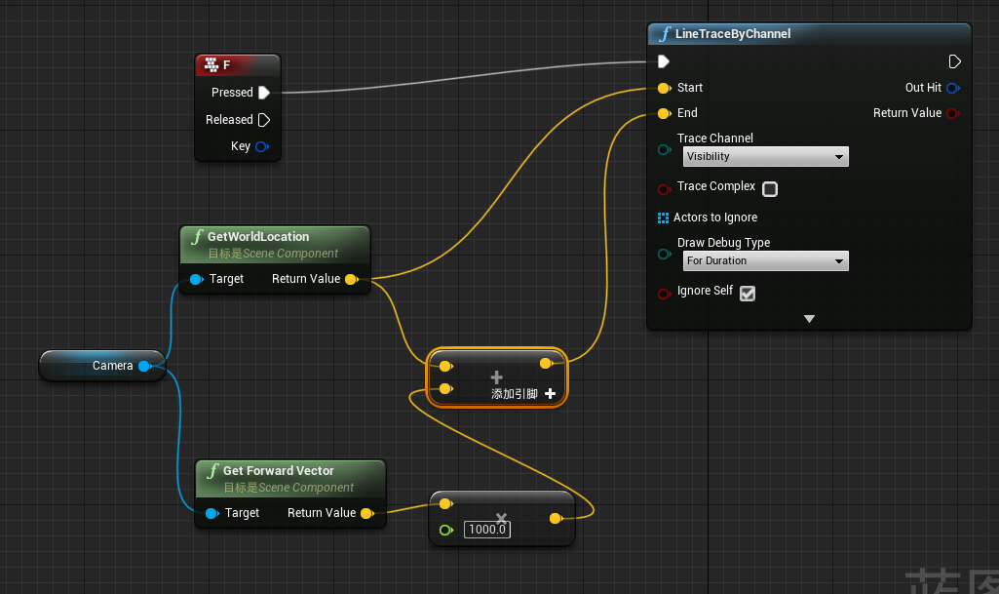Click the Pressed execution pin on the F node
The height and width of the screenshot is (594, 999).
point(263,93)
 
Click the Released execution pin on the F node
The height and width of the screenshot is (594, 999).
point(263,120)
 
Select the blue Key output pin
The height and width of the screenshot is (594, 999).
point(261,147)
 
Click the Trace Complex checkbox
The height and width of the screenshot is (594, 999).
point(770,188)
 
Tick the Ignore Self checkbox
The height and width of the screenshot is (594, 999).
point(748,293)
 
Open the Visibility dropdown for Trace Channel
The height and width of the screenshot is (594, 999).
point(765,156)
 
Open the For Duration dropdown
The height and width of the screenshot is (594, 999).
point(765,260)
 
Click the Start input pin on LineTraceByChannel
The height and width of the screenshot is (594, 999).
point(664,88)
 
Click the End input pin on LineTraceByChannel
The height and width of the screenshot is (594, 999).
point(664,113)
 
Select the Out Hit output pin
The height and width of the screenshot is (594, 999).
point(952,88)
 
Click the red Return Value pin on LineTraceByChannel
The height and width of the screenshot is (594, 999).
point(952,113)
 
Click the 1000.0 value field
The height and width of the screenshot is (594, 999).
point(486,530)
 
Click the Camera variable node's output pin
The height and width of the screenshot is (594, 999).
point(144,366)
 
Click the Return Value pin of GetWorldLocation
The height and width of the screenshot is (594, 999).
point(351,279)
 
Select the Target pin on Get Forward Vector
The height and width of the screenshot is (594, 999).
point(211,513)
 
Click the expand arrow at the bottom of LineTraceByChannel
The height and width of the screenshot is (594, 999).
point(809,319)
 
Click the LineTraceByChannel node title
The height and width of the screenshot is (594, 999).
point(733,34)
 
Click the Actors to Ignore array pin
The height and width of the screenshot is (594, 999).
point(664,218)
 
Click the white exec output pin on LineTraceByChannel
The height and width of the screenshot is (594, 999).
point(955,61)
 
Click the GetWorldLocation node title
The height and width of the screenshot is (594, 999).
point(258,236)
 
